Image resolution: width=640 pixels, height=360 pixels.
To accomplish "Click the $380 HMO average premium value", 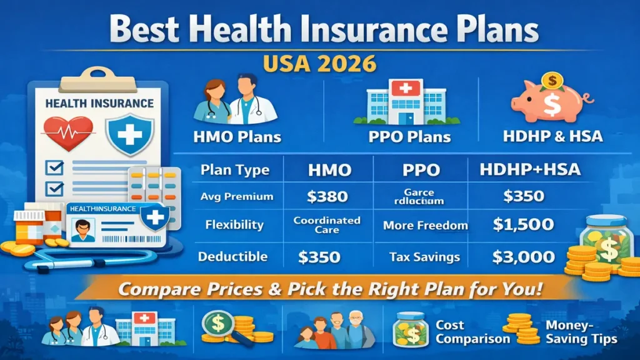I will [327, 197].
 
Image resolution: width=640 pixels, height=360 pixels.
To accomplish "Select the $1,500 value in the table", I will [522, 225].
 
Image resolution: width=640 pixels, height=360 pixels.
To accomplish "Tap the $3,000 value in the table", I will [522, 256].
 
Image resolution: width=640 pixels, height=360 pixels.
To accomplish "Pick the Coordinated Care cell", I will [327, 225].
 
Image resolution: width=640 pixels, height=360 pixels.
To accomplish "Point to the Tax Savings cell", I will [424, 257].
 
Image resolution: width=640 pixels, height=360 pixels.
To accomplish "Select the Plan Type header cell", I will [235, 170].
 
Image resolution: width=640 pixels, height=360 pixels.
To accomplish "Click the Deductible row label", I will [232, 257].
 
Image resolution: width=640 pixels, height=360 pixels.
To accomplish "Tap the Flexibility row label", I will [234, 225].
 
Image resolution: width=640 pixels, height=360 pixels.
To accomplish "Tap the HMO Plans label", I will [236, 136].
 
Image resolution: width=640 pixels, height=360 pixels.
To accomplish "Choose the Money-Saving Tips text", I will [581, 332].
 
